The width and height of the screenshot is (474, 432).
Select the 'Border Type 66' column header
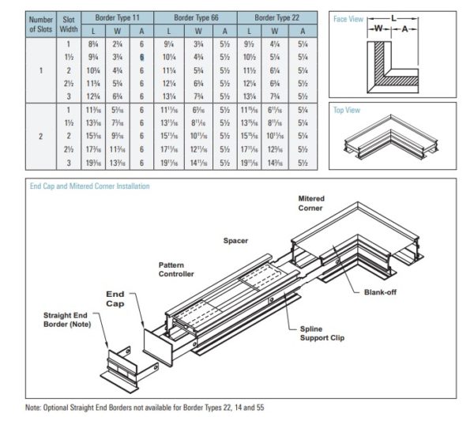pos(194,16)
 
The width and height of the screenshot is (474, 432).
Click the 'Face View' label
pos(348,18)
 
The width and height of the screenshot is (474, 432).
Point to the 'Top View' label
pos(347,111)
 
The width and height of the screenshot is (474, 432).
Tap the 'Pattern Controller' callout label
pos(175,269)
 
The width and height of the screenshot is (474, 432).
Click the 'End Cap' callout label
pos(116,298)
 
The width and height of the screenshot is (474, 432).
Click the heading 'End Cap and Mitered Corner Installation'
pos(87,186)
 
